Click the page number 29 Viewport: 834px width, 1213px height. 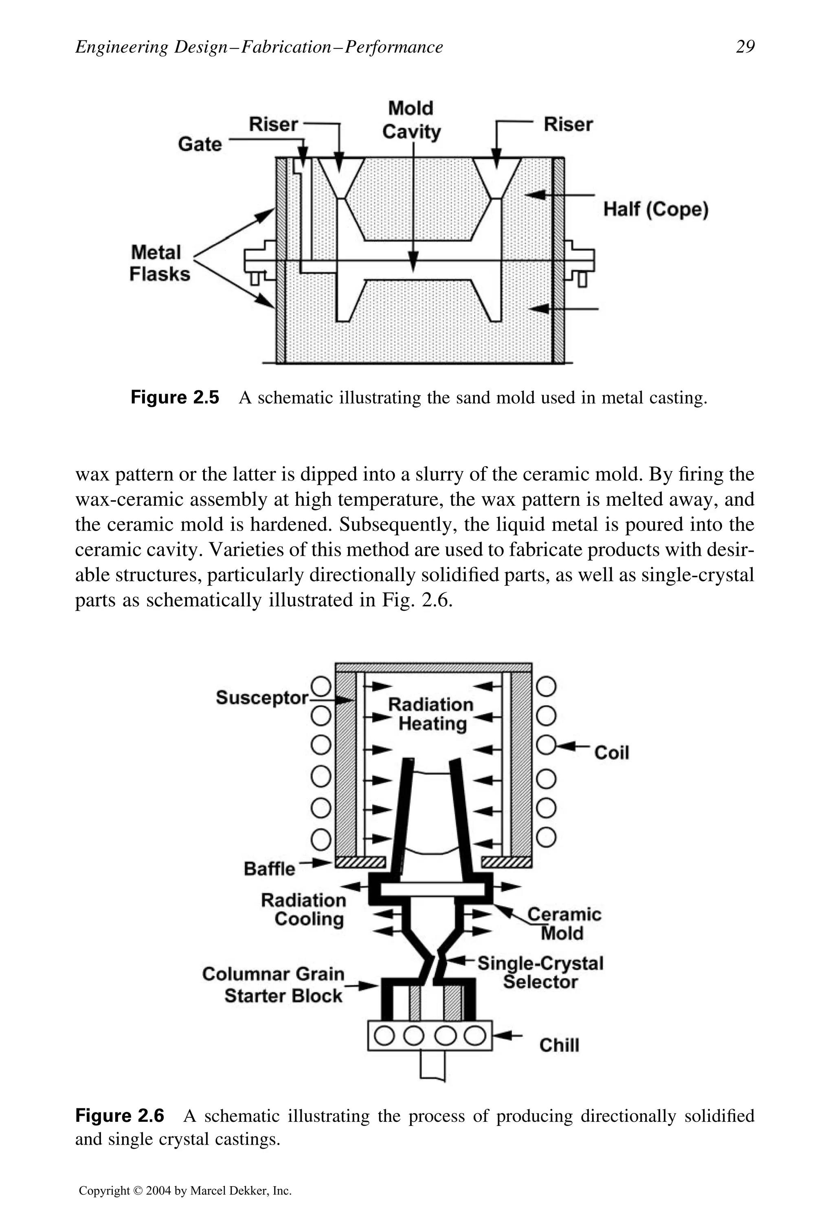click(745, 47)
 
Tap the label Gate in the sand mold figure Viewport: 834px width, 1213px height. click(200, 144)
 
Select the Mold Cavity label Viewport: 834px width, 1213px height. click(411, 120)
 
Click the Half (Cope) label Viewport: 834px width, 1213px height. click(656, 209)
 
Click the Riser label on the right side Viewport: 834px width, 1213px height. click(568, 125)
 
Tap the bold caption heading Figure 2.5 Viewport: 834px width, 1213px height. click(175, 397)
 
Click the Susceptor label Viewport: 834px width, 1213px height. click(262, 698)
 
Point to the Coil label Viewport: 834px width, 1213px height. click(611, 753)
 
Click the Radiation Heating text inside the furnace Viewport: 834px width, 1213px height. click(431, 714)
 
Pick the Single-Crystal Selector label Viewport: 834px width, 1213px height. click(540, 972)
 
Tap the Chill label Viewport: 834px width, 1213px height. click(559, 1045)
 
